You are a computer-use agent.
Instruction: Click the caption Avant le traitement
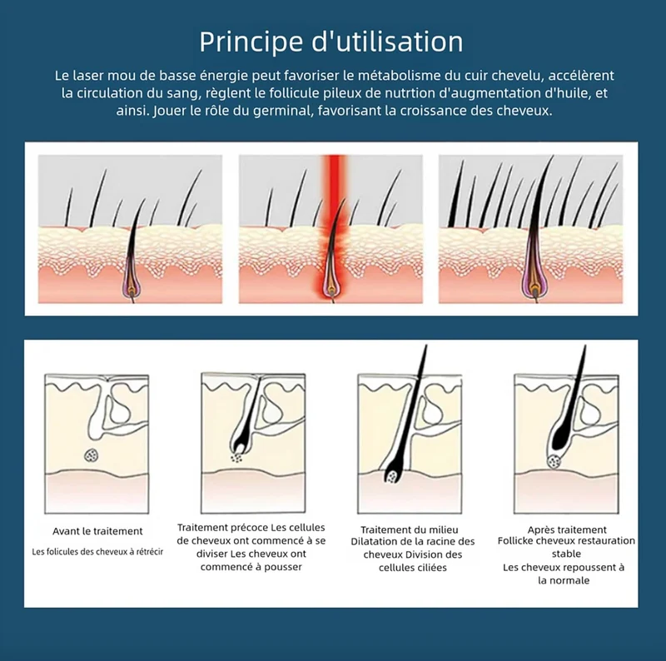click(x=97, y=531)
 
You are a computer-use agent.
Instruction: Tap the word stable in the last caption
click(x=566, y=554)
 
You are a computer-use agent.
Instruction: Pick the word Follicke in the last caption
click(x=515, y=541)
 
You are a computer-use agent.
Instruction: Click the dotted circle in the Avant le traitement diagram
click(x=92, y=456)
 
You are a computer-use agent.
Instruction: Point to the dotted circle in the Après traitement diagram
click(x=554, y=461)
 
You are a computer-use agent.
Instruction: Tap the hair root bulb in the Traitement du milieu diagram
click(x=392, y=476)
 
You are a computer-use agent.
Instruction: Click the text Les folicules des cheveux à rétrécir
click(x=97, y=552)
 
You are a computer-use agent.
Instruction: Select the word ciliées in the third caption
click(x=432, y=568)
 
